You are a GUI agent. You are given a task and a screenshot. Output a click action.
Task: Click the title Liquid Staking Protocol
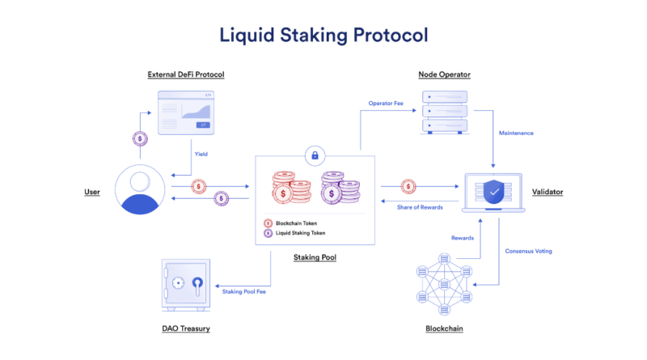(x=323, y=35)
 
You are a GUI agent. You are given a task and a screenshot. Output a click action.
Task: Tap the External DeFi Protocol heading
(x=186, y=74)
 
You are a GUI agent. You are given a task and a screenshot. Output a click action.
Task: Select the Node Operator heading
(x=444, y=74)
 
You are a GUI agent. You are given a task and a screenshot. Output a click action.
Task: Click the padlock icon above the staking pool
(x=314, y=155)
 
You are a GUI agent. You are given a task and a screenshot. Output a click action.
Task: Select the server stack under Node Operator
(x=444, y=112)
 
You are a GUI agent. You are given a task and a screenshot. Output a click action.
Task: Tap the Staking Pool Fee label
(x=243, y=291)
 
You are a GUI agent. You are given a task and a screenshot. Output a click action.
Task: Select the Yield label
(x=202, y=154)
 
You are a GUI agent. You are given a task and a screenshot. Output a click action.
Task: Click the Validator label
(x=548, y=192)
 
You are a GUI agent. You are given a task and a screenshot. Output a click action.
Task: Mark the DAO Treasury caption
(x=185, y=328)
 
